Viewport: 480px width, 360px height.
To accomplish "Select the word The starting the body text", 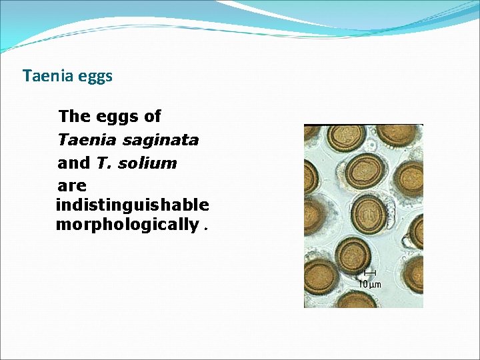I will (74, 117).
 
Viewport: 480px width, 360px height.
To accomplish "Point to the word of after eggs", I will (153, 117).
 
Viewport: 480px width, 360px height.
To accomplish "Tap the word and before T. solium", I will (73, 163).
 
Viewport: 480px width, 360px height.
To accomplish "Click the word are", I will (72, 185).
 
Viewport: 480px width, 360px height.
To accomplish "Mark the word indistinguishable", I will (132, 205).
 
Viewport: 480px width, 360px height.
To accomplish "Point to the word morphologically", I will (127, 225).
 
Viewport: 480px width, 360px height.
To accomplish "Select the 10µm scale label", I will (370, 284).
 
